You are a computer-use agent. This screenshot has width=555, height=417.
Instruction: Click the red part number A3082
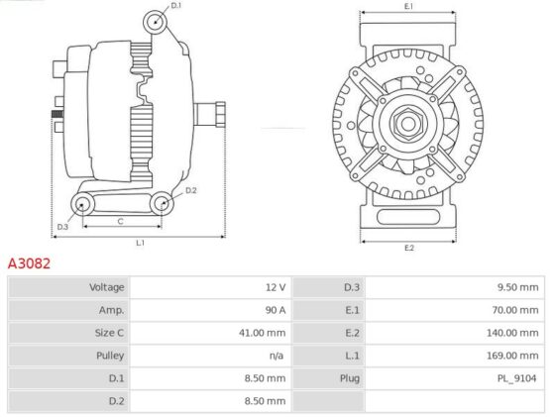(29, 263)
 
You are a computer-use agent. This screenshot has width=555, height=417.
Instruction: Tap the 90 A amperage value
(276, 310)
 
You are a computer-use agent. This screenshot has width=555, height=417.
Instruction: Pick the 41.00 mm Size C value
(263, 333)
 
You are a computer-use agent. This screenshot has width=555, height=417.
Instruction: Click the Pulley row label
(110, 356)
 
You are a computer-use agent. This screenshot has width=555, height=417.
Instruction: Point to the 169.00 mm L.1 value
(512, 356)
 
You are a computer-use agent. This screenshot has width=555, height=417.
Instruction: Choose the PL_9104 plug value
(516, 378)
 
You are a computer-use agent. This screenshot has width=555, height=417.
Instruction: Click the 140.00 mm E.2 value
(512, 333)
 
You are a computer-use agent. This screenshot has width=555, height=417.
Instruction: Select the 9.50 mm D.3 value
(517, 287)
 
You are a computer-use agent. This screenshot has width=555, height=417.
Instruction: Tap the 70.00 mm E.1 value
(515, 310)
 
